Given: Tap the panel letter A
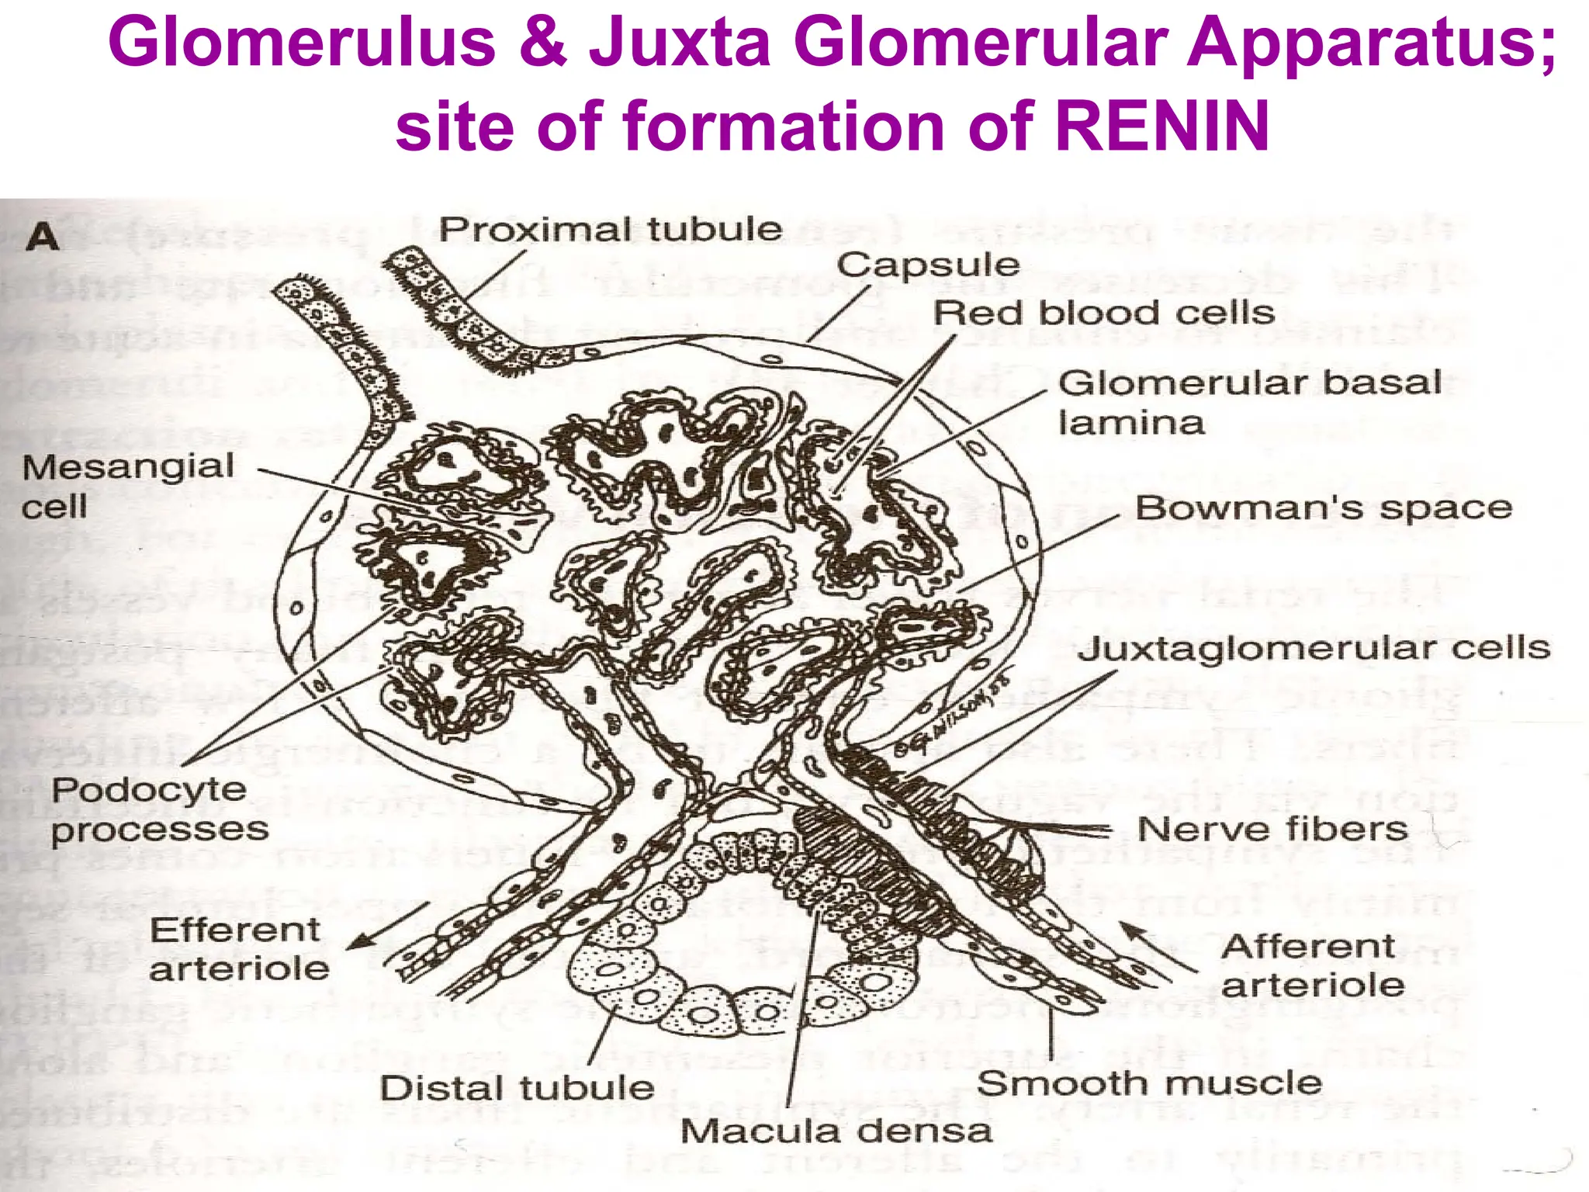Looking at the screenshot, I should coord(43,237).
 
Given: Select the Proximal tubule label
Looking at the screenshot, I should coord(611,230).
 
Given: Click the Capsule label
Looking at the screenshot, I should coord(928,265).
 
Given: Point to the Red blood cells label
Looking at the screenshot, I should coord(1104,313).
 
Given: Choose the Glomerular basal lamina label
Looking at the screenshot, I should coord(1249,402).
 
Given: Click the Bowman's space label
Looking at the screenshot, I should coord(1324,508).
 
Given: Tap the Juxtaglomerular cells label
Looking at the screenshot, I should coord(1314,648).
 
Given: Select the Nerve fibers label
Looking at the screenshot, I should coord(1272,829).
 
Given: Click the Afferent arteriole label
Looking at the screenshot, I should coord(1313,965).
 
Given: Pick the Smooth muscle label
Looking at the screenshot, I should coord(1149,1083).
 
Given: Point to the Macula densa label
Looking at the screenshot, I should coord(836,1131).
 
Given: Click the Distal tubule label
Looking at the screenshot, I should coord(517,1087).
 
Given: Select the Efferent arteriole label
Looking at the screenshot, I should coord(239,948).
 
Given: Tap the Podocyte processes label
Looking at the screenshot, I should coord(160,809).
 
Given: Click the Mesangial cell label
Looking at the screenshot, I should coord(128,486).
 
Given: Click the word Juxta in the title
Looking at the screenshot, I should coord(680,43).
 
